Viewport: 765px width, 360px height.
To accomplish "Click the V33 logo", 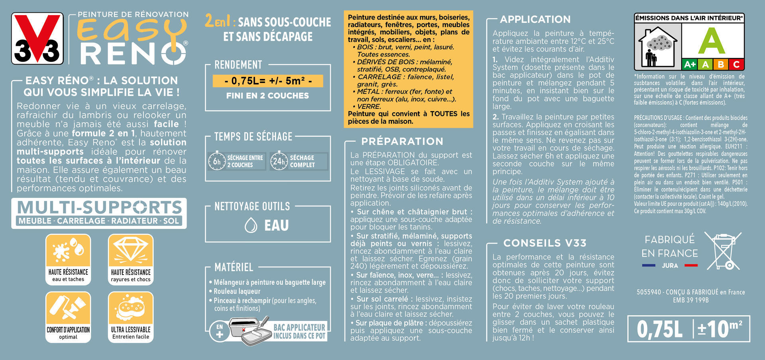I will point(37,39).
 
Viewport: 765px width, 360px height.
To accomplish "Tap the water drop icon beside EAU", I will point(251,225).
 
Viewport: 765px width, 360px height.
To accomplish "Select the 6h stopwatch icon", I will point(217,161).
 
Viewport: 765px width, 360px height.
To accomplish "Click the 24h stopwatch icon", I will point(279,161).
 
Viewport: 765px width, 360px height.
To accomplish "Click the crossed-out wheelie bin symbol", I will point(722,251).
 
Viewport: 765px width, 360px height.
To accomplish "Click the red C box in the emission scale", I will point(736,65).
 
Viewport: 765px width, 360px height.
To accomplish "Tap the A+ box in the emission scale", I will point(690,65).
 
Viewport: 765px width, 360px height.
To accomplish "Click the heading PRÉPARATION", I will point(402,142).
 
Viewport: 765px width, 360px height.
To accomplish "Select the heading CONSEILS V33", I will point(545,243).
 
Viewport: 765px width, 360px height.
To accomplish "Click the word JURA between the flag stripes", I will point(670,266).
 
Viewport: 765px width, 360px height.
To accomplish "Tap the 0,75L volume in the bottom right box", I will point(659,329).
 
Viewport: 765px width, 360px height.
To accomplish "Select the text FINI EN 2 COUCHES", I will point(267,96).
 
